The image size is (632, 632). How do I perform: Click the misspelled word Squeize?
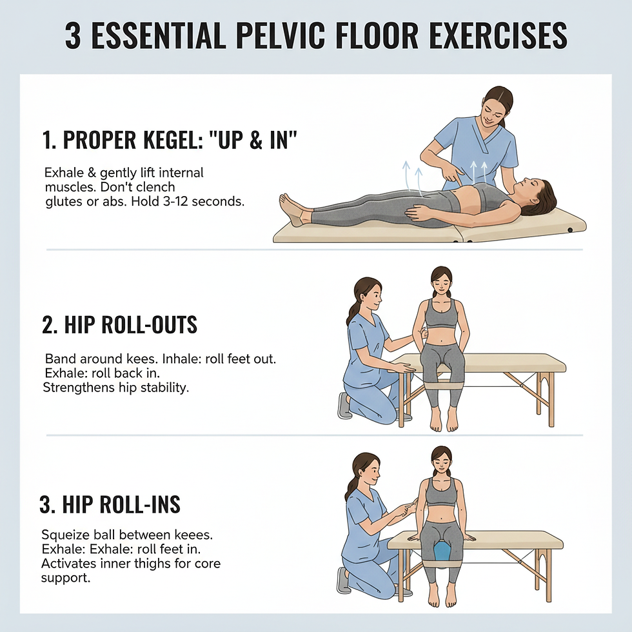point(62,535)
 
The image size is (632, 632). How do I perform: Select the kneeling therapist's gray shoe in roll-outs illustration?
point(344,406)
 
